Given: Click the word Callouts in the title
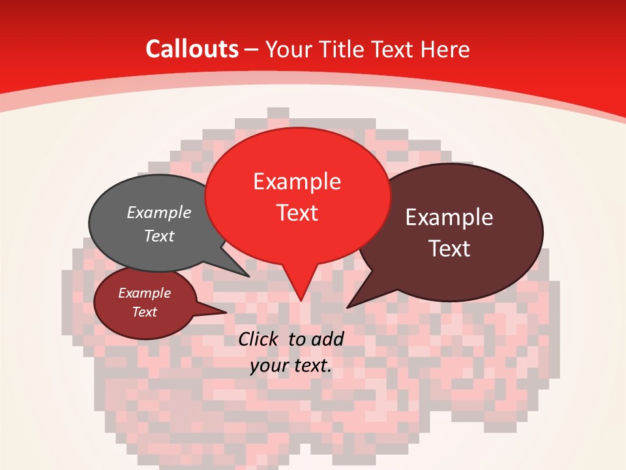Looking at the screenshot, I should click(x=192, y=49).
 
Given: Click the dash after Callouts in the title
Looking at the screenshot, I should click(x=252, y=50).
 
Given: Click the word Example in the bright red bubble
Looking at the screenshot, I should click(x=297, y=181).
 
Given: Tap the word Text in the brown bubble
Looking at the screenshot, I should click(x=450, y=249).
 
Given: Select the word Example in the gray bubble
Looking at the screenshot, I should click(x=159, y=213).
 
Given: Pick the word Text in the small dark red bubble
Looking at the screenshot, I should click(x=145, y=312).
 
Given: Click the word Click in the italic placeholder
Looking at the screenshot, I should click(x=260, y=339).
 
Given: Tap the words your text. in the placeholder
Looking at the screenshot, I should click(x=291, y=366).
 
